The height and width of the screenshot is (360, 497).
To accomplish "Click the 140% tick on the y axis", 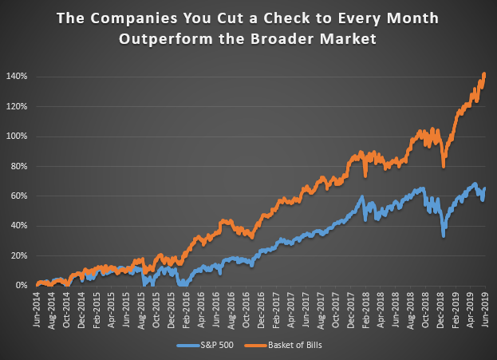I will pos(18,77).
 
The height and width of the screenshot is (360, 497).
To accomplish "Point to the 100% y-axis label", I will pos(18,136).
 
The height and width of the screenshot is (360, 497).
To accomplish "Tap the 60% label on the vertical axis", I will pos(20,196).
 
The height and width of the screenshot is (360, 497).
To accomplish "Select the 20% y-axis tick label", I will pos(20,256).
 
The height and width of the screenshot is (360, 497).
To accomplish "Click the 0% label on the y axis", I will pos(22,286).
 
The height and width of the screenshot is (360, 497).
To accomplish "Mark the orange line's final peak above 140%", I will pos(484,74).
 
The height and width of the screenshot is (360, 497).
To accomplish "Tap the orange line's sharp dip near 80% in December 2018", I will pos(443,166).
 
